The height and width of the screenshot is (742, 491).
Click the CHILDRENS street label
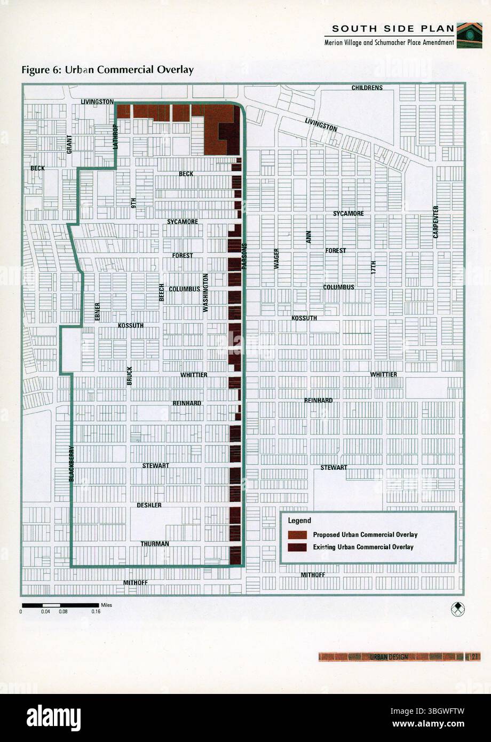pos(367,88)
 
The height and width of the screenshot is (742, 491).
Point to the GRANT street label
pos(69,145)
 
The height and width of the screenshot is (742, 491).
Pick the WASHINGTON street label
pos(205,293)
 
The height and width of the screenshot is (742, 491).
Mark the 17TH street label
pos(374,267)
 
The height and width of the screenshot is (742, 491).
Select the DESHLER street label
pos(149,505)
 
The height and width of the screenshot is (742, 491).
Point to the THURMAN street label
pos(155,544)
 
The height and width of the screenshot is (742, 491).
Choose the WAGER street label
pos(277,258)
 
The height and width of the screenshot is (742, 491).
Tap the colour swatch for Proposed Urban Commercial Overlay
pos(297,534)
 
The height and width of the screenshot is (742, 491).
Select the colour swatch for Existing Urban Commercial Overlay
pos(297,547)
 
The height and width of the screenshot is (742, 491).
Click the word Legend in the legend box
pos(299,520)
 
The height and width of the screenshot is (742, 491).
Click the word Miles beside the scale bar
pos(106,605)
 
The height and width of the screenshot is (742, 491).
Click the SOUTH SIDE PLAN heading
pos(393,28)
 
